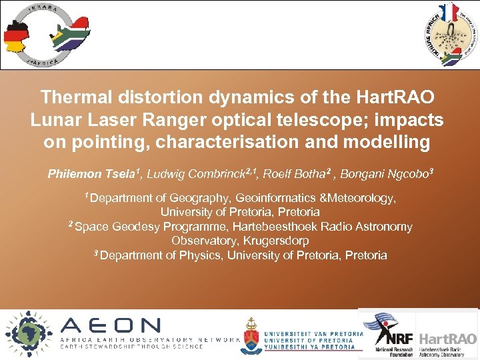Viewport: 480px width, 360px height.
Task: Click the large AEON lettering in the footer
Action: pyautogui.click(x=111, y=325)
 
